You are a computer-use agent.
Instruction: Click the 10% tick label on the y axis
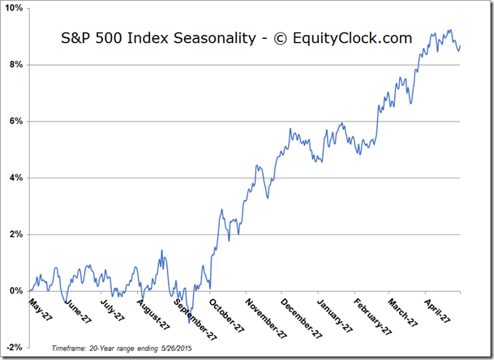[x=14, y=8]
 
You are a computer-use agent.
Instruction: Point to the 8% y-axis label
[x=16, y=65]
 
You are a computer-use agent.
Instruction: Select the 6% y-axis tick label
[x=16, y=122]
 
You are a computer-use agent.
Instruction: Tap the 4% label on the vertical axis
[x=16, y=178]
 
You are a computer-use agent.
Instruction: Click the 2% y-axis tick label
[x=16, y=234]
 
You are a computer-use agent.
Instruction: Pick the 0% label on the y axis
[x=16, y=291]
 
